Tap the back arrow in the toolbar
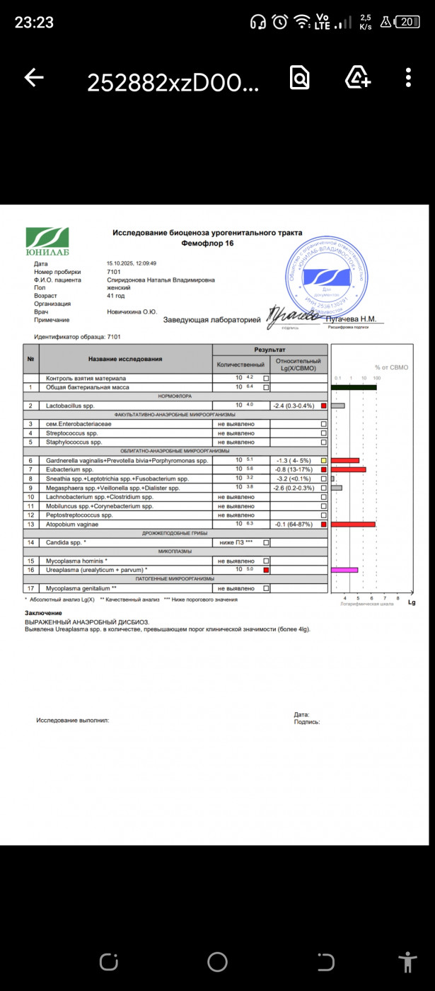[x=34, y=78]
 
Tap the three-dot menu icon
[x=409, y=78]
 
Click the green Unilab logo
[x=47, y=241]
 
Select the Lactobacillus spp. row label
[x=70, y=406]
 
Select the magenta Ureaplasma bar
[x=344, y=569]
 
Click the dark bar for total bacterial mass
[x=354, y=387]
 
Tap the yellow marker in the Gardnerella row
[x=324, y=460]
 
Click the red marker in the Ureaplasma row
[x=266, y=570]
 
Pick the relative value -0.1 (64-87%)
[x=296, y=525]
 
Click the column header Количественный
[x=240, y=365]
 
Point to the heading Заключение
[x=43, y=613]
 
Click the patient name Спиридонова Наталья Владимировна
[x=161, y=280]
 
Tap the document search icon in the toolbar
[x=300, y=78]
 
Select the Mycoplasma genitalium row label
[x=81, y=588]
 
